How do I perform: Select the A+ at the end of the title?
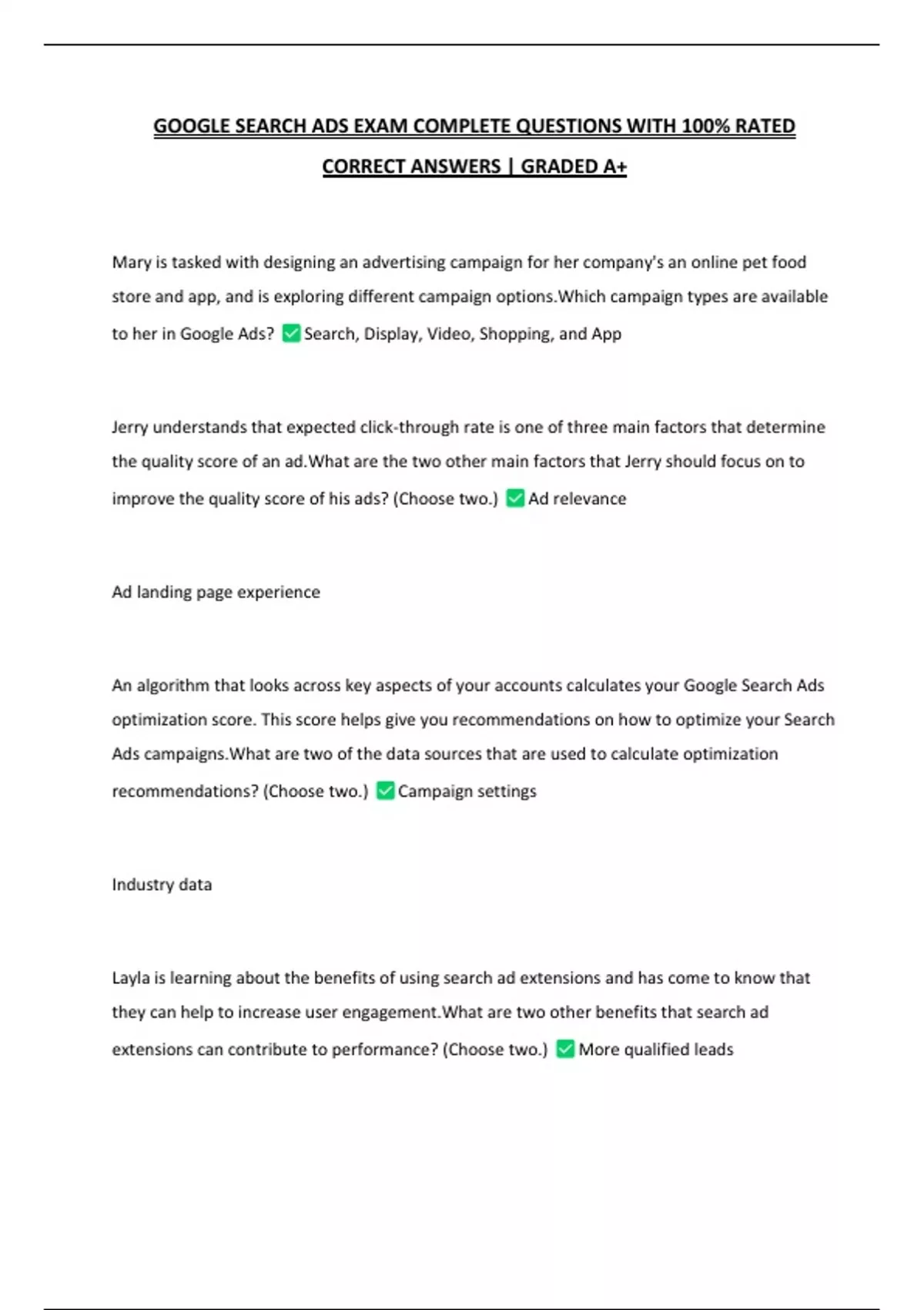pos(614,166)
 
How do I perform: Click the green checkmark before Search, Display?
pos(291,334)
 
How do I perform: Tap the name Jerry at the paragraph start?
pos(130,428)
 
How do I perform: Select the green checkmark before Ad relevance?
pos(515,499)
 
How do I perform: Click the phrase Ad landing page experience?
pos(216,592)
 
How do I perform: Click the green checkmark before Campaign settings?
pos(385,791)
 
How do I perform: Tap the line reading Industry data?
pos(162,885)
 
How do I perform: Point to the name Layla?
pos(131,979)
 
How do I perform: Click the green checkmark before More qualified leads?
pos(565,1049)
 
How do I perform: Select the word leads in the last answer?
pos(714,1050)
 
